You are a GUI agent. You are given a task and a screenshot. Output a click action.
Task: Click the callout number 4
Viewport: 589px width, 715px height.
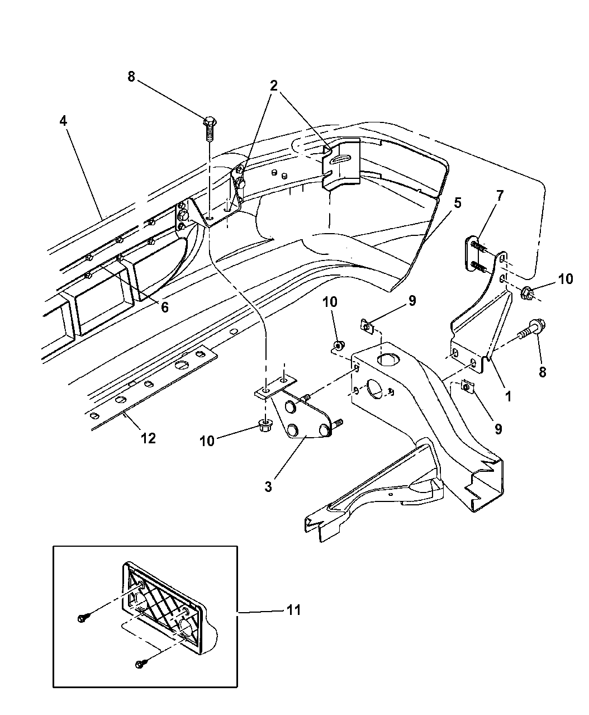[x=64, y=120]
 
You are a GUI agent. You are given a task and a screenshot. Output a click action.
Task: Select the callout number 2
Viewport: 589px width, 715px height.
[x=273, y=86]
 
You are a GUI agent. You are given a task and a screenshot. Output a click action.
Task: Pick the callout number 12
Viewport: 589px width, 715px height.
[x=148, y=438]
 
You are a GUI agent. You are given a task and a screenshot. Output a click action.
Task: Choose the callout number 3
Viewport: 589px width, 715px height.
[x=268, y=486]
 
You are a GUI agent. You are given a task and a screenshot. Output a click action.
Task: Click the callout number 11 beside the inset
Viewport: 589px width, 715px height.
[x=293, y=609]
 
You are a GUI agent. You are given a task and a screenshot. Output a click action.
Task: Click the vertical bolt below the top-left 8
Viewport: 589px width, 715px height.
[x=211, y=130]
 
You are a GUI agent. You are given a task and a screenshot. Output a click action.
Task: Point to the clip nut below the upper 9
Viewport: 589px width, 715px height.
[x=366, y=324]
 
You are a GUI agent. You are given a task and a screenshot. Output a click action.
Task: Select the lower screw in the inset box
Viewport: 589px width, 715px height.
[x=140, y=664]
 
